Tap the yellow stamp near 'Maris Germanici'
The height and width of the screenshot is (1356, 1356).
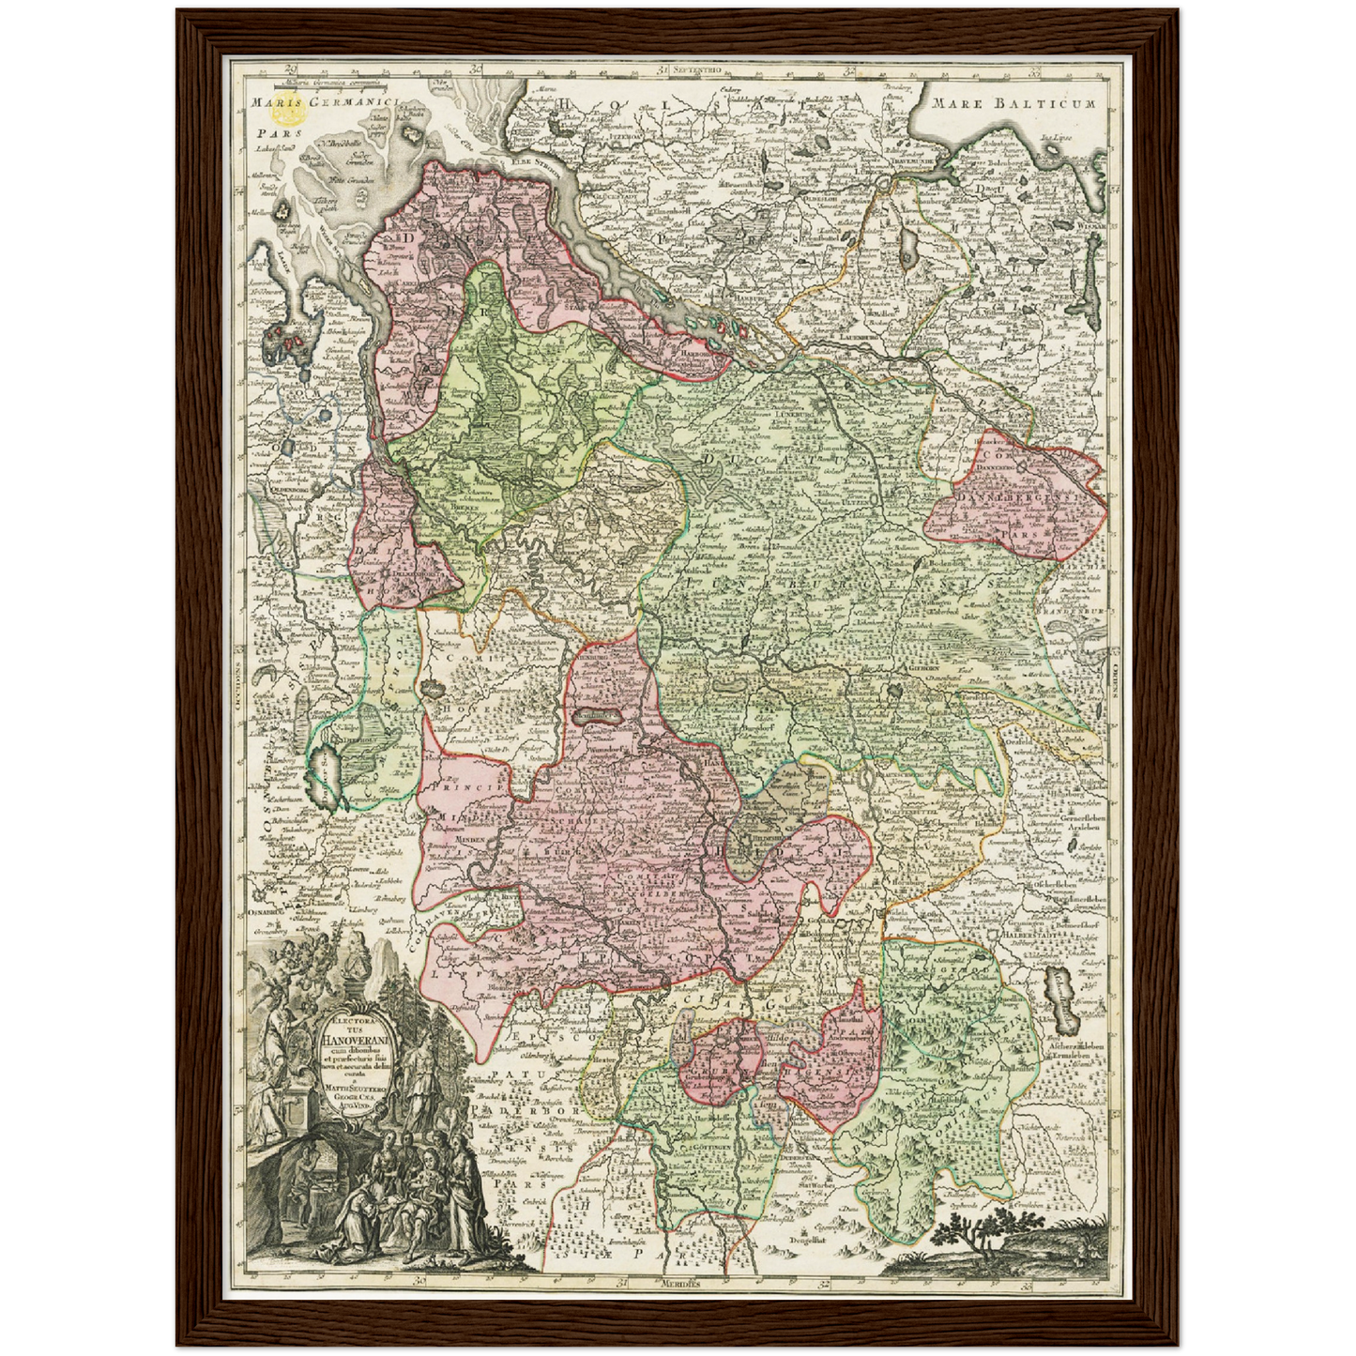coord(288,114)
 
